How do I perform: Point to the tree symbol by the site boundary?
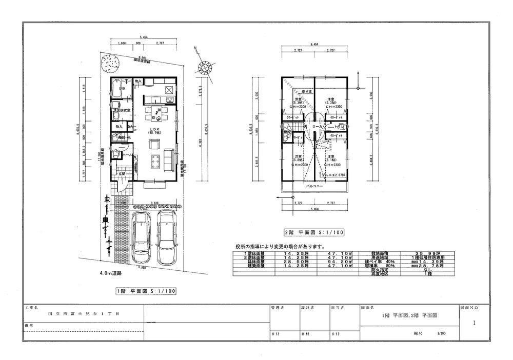point(111,64)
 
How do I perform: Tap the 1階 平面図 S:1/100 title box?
point(147,291)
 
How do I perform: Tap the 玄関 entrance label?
point(122,174)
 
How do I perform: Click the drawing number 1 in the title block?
point(475,323)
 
